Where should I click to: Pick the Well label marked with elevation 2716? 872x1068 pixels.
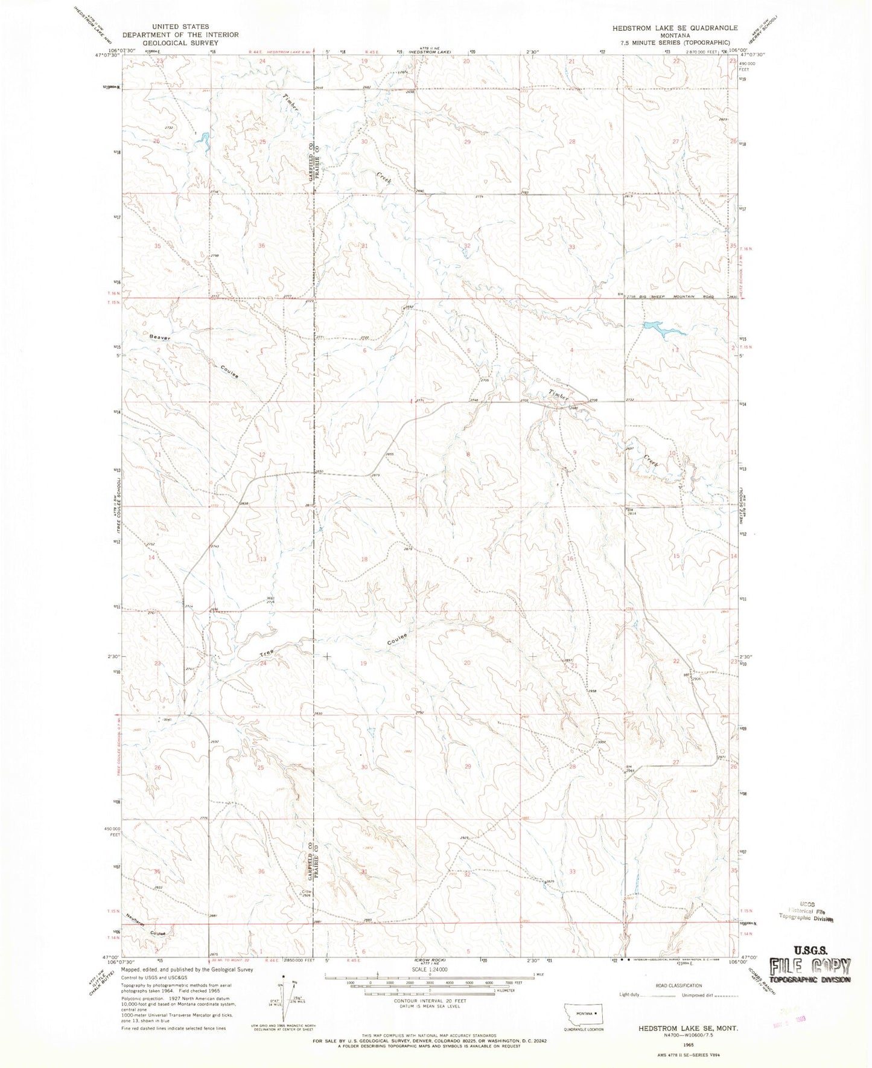coord(270,600)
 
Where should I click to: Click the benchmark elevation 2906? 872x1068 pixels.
coord(698,679)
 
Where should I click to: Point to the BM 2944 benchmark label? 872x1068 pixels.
coord(629,769)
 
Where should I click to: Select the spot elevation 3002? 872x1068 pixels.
coord(601,741)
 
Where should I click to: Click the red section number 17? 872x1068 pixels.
coord(469,559)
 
